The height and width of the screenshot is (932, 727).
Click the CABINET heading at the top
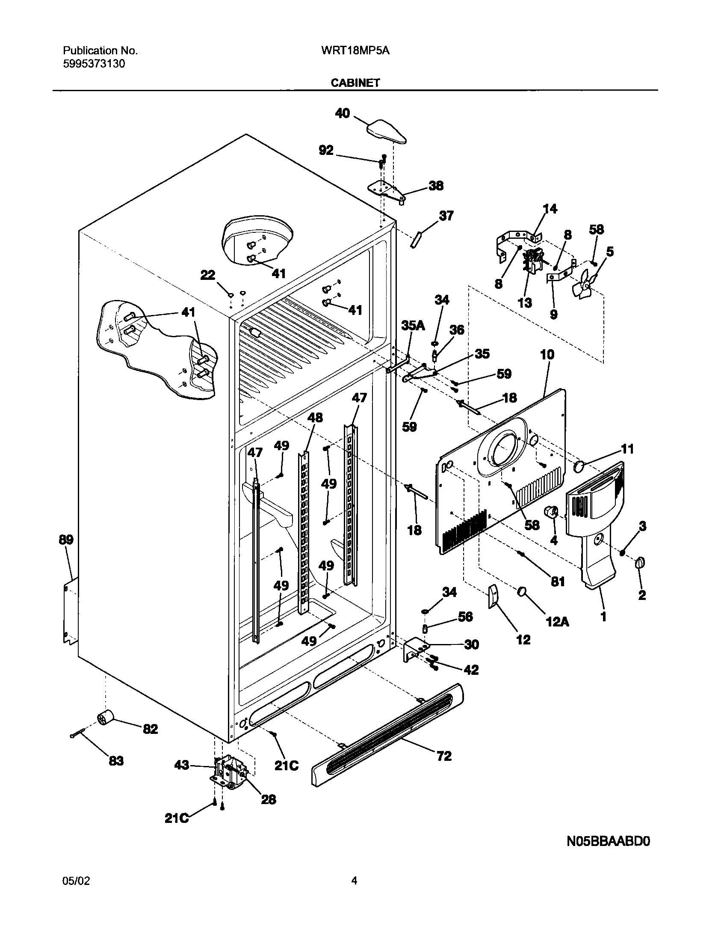click(x=355, y=83)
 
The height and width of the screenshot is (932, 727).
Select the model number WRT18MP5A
click(x=355, y=51)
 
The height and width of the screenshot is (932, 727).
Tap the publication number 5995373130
click(x=94, y=64)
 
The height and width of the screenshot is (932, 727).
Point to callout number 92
click(x=326, y=150)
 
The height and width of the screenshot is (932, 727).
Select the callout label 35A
click(x=413, y=326)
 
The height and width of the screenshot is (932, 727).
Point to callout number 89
click(x=66, y=540)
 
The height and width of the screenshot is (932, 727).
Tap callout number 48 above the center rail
click(x=315, y=417)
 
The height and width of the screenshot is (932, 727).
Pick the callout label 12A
click(x=557, y=621)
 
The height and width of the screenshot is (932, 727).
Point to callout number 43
click(x=182, y=765)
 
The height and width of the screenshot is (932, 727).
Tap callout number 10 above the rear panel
click(x=547, y=354)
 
